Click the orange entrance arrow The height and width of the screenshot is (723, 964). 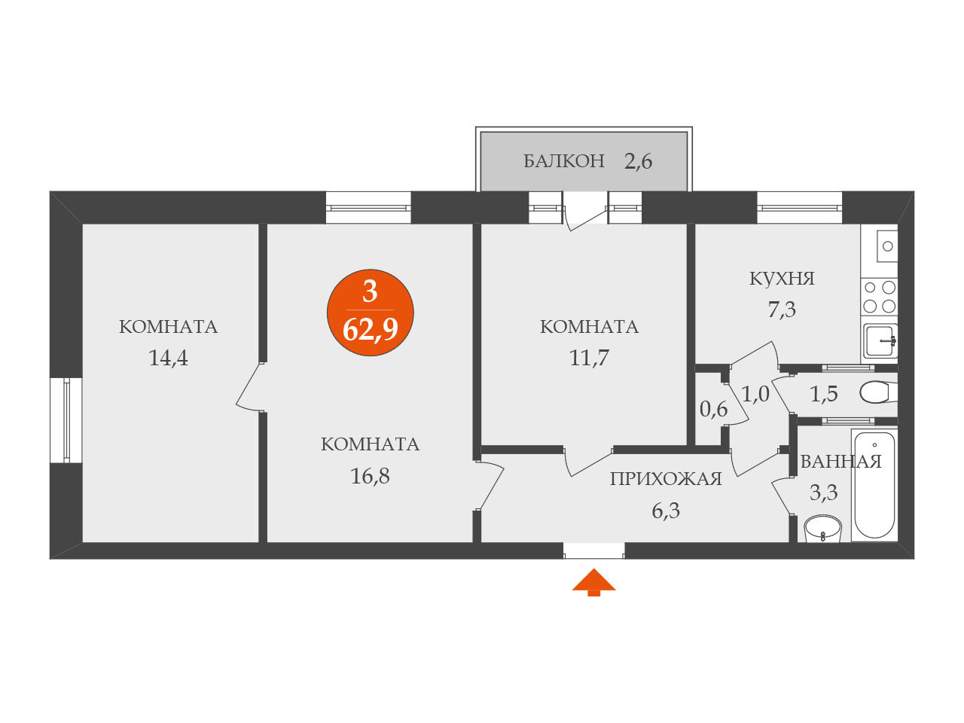[x=594, y=582]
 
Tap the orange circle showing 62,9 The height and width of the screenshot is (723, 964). [x=371, y=312]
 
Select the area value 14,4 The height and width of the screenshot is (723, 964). [x=168, y=358]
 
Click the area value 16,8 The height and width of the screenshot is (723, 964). [x=370, y=476]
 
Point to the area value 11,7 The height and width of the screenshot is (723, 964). [x=589, y=358]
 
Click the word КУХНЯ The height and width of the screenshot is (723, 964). [x=782, y=279]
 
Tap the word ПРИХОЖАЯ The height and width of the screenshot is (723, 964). [x=666, y=479]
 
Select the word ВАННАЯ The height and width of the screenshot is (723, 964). [x=840, y=462]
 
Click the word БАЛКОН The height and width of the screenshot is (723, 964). [x=564, y=160]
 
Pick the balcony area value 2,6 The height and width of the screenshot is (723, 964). [x=638, y=161]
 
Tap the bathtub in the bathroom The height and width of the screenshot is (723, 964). [x=874, y=484]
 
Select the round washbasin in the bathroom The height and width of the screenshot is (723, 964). [x=822, y=529]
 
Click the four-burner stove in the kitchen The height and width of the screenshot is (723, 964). [x=880, y=296]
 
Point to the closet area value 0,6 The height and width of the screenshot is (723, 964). [x=713, y=409]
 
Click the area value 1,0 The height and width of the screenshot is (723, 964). [x=755, y=394]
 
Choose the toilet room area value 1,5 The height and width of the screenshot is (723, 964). [x=824, y=394]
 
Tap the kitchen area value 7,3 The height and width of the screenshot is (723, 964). [x=782, y=310]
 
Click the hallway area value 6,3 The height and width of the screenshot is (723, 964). [x=666, y=511]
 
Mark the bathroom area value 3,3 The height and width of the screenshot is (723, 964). [x=823, y=493]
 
